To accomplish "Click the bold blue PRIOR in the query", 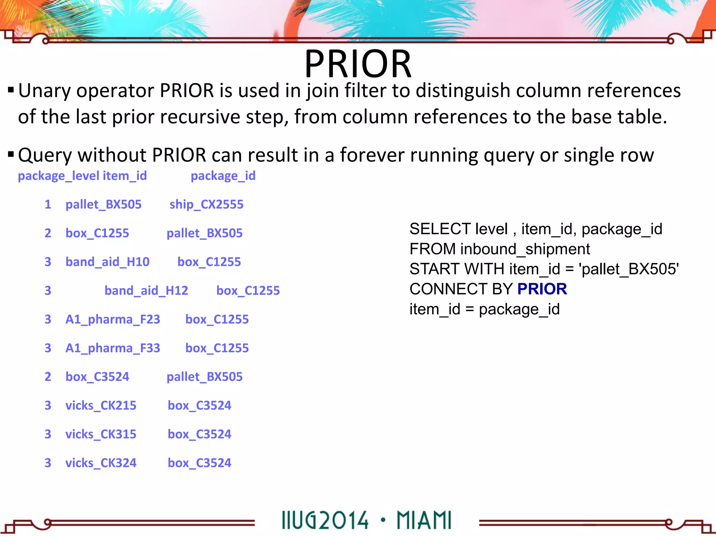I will pyautogui.click(x=542, y=289).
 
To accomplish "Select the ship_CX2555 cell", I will pyautogui.click(x=206, y=205).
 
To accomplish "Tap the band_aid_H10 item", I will pyautogui.click(x=107, y=262).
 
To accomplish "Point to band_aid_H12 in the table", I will pyautogui.click(x=146, y=291).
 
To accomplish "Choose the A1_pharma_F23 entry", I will pyautogui.click(x=113, y=319).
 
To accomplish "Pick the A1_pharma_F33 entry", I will pyautogui.click(x=113, y=348).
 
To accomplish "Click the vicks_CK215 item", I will pyautogui.click(x=101, y=406).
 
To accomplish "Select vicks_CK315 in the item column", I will pyautogui.click(x=101, y=434).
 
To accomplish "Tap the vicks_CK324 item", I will pyautogui.click(x=101, y=463).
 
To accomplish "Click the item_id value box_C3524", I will pyautogui.click(x=97, y=377).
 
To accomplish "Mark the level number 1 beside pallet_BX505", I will pyautogui.click(x=48, y=205).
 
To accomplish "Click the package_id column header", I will pyautogui.click(x=223, y=176).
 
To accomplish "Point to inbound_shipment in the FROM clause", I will pyautogui.click(x=525, y=249).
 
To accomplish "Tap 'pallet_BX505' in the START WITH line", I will pyautogui.click(x=629, y=269).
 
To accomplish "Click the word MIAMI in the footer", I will pyautogui.click(x=424, y=521).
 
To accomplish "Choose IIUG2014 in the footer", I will pyautogui.click(x=325, y=521).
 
